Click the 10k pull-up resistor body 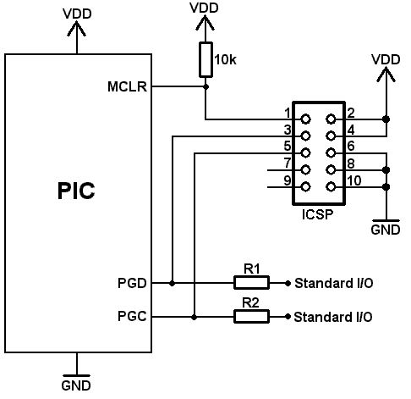coord(205,59)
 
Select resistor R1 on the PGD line coord(251,283)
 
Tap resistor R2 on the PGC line coord(251,316)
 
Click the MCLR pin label coord(127,86)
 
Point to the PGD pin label coord(132,283)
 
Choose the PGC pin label coord(132,316)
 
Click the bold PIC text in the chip coord(76,191)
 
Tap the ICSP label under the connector coord(317,214)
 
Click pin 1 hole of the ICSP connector coord(305,119)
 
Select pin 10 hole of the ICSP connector coord(331,186)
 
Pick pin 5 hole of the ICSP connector coord(305,153)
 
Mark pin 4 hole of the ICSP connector coord(331,136)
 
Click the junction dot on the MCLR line coord(205,86)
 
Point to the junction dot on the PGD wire coord(173,283)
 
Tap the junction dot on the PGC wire coord(194,317)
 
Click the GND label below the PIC coord(76,385)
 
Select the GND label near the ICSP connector coord(386,230)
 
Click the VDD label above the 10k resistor coord(204,8)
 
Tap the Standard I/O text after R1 coord(334,283)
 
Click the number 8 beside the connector coord(351,163)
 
